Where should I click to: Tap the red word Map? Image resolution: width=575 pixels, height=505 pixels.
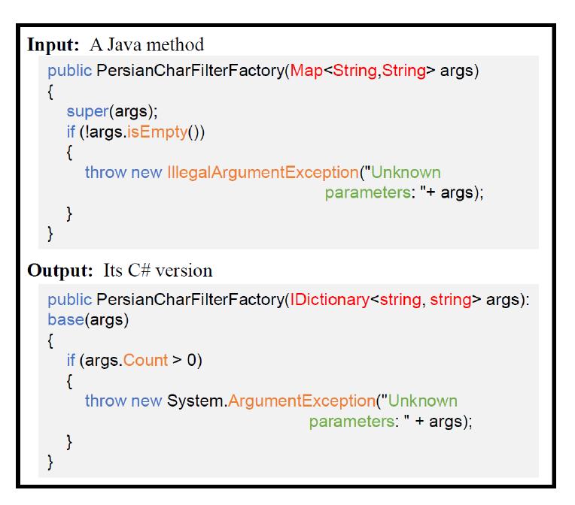(x=306, y=71)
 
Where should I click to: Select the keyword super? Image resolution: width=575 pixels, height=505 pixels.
(x=87, y=112)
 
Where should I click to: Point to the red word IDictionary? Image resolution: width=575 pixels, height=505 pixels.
(x=329, y=300)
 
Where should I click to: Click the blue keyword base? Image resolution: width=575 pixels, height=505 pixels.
(x=65, y=320)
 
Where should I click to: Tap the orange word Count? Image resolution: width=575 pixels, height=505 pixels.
(x=146, y=361)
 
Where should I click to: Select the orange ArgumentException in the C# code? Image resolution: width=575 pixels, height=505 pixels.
(x=301, y=401)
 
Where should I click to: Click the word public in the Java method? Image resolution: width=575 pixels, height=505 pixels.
(x=69, y=71)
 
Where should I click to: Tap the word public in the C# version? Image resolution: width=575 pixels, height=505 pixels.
(x=69, y=300)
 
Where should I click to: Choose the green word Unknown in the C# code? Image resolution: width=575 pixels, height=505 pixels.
(x=421, y=401)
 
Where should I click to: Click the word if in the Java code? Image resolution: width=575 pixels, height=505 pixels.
(x=71, y=132)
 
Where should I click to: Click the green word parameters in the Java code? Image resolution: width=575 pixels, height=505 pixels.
(x=368, y=192)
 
